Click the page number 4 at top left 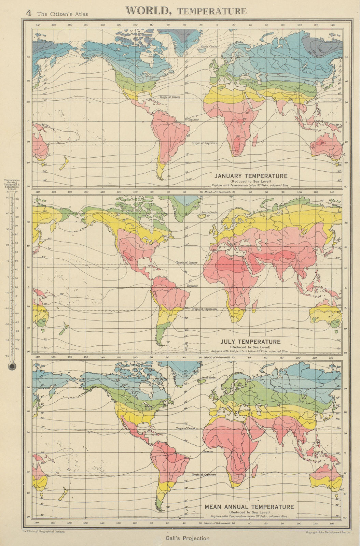point(29,13)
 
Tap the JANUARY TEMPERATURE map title point(251,176)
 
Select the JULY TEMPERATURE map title point(250,342)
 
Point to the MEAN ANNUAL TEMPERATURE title point(249,507)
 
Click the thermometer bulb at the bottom point(12,367)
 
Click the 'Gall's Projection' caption point(187,538)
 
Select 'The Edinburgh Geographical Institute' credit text point(43,531)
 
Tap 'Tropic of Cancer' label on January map point(170,97)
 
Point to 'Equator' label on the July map point(192,286)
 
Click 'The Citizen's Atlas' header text point(63,14)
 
